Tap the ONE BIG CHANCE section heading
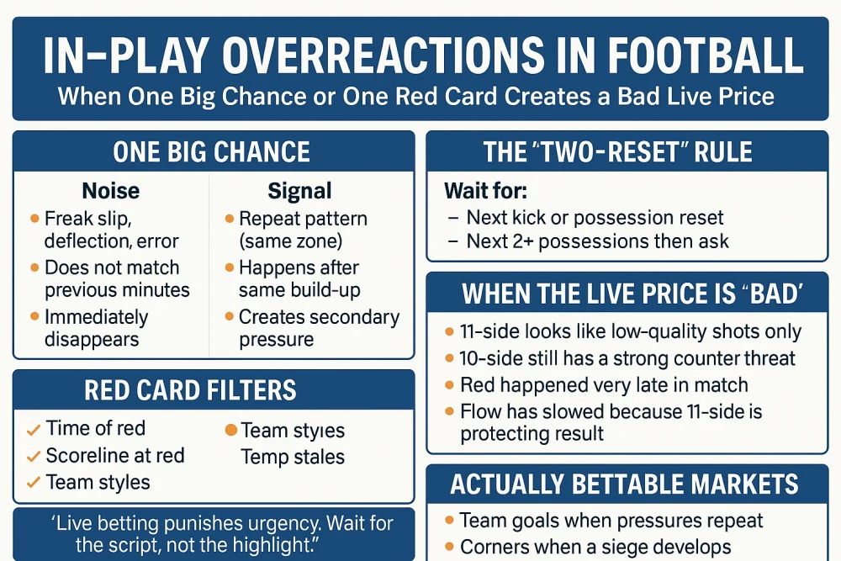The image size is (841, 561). [211, 152]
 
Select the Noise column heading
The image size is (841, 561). [110, 191]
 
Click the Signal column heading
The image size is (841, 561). [299, 191]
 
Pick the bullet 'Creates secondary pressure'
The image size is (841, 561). [319, 328]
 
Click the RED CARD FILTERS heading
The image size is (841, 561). [190, 390]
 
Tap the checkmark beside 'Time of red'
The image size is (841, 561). [34, 430]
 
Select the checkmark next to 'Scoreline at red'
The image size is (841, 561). [34, 457]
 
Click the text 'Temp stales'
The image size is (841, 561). [293, 458]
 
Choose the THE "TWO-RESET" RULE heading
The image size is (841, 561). [617, 152]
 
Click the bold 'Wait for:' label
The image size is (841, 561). [485, 191]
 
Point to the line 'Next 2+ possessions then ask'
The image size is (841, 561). [597, 241]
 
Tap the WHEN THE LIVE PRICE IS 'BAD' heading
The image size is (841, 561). [632, 294]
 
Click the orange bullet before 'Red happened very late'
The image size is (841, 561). [450, 386]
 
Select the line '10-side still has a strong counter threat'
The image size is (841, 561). [627, 358]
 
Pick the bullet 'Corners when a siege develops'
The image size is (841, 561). [595, 547]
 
